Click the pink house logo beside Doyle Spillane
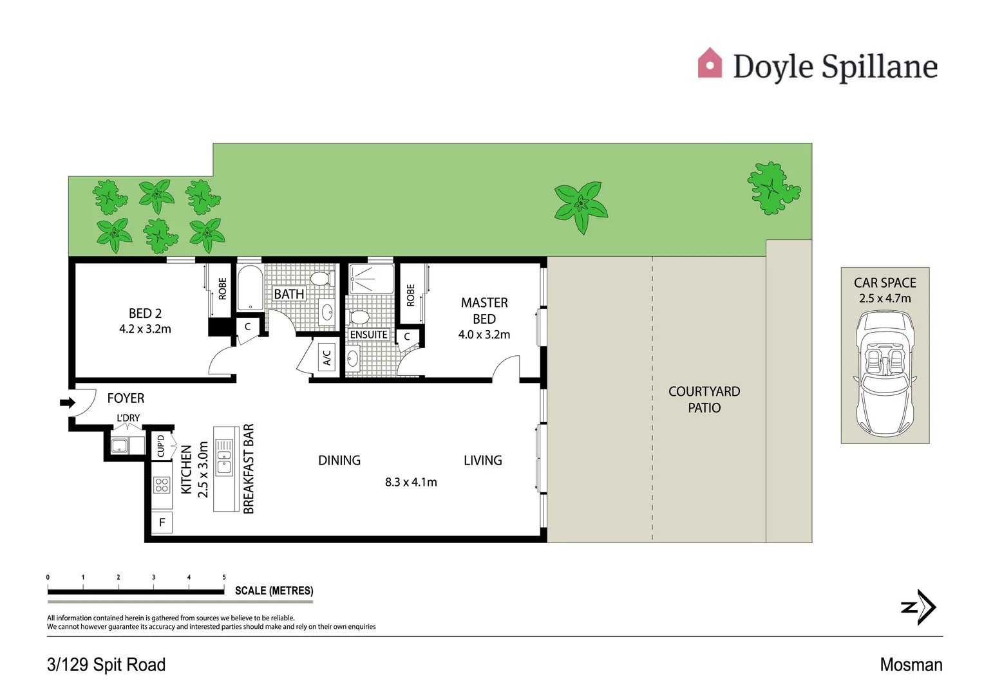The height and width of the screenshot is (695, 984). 710,64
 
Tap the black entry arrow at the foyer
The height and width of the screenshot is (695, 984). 67,403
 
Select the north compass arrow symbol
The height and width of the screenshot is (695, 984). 919,607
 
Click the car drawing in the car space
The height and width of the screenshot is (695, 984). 885,373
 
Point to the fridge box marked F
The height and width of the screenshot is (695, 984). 162,523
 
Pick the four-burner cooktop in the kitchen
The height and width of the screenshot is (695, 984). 162,485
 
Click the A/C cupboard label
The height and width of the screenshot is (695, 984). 327,356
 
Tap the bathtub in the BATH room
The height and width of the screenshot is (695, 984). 250,288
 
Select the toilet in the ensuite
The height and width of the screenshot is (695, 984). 359,317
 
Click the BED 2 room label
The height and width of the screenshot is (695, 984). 145,313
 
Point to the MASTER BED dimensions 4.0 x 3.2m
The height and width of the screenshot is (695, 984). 484,335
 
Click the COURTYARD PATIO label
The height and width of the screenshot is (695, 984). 704,400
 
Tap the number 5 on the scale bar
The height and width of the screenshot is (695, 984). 224,577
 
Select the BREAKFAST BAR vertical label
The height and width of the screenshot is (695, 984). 249,469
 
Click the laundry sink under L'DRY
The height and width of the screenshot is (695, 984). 120,445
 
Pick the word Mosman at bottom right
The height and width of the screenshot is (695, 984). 911,665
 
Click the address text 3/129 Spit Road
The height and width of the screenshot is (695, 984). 106,665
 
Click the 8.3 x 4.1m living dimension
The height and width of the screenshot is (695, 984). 411,482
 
